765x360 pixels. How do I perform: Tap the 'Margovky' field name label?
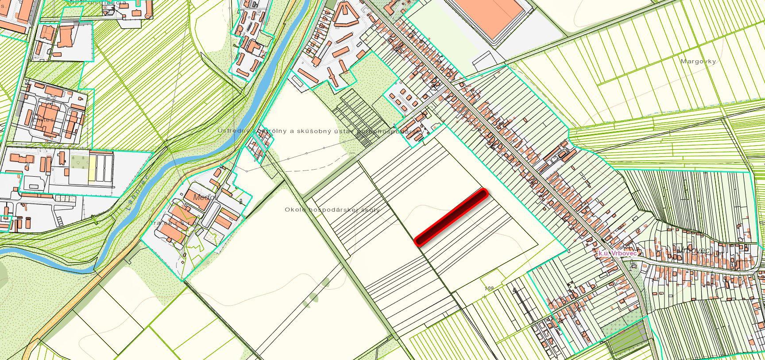698,62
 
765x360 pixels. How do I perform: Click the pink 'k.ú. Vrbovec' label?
617,253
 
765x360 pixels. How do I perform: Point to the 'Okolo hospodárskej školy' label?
332,209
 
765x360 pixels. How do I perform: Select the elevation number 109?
489,289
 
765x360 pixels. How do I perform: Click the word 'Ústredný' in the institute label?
233,131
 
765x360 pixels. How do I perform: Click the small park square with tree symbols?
78,161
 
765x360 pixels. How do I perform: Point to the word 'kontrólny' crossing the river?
267,131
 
